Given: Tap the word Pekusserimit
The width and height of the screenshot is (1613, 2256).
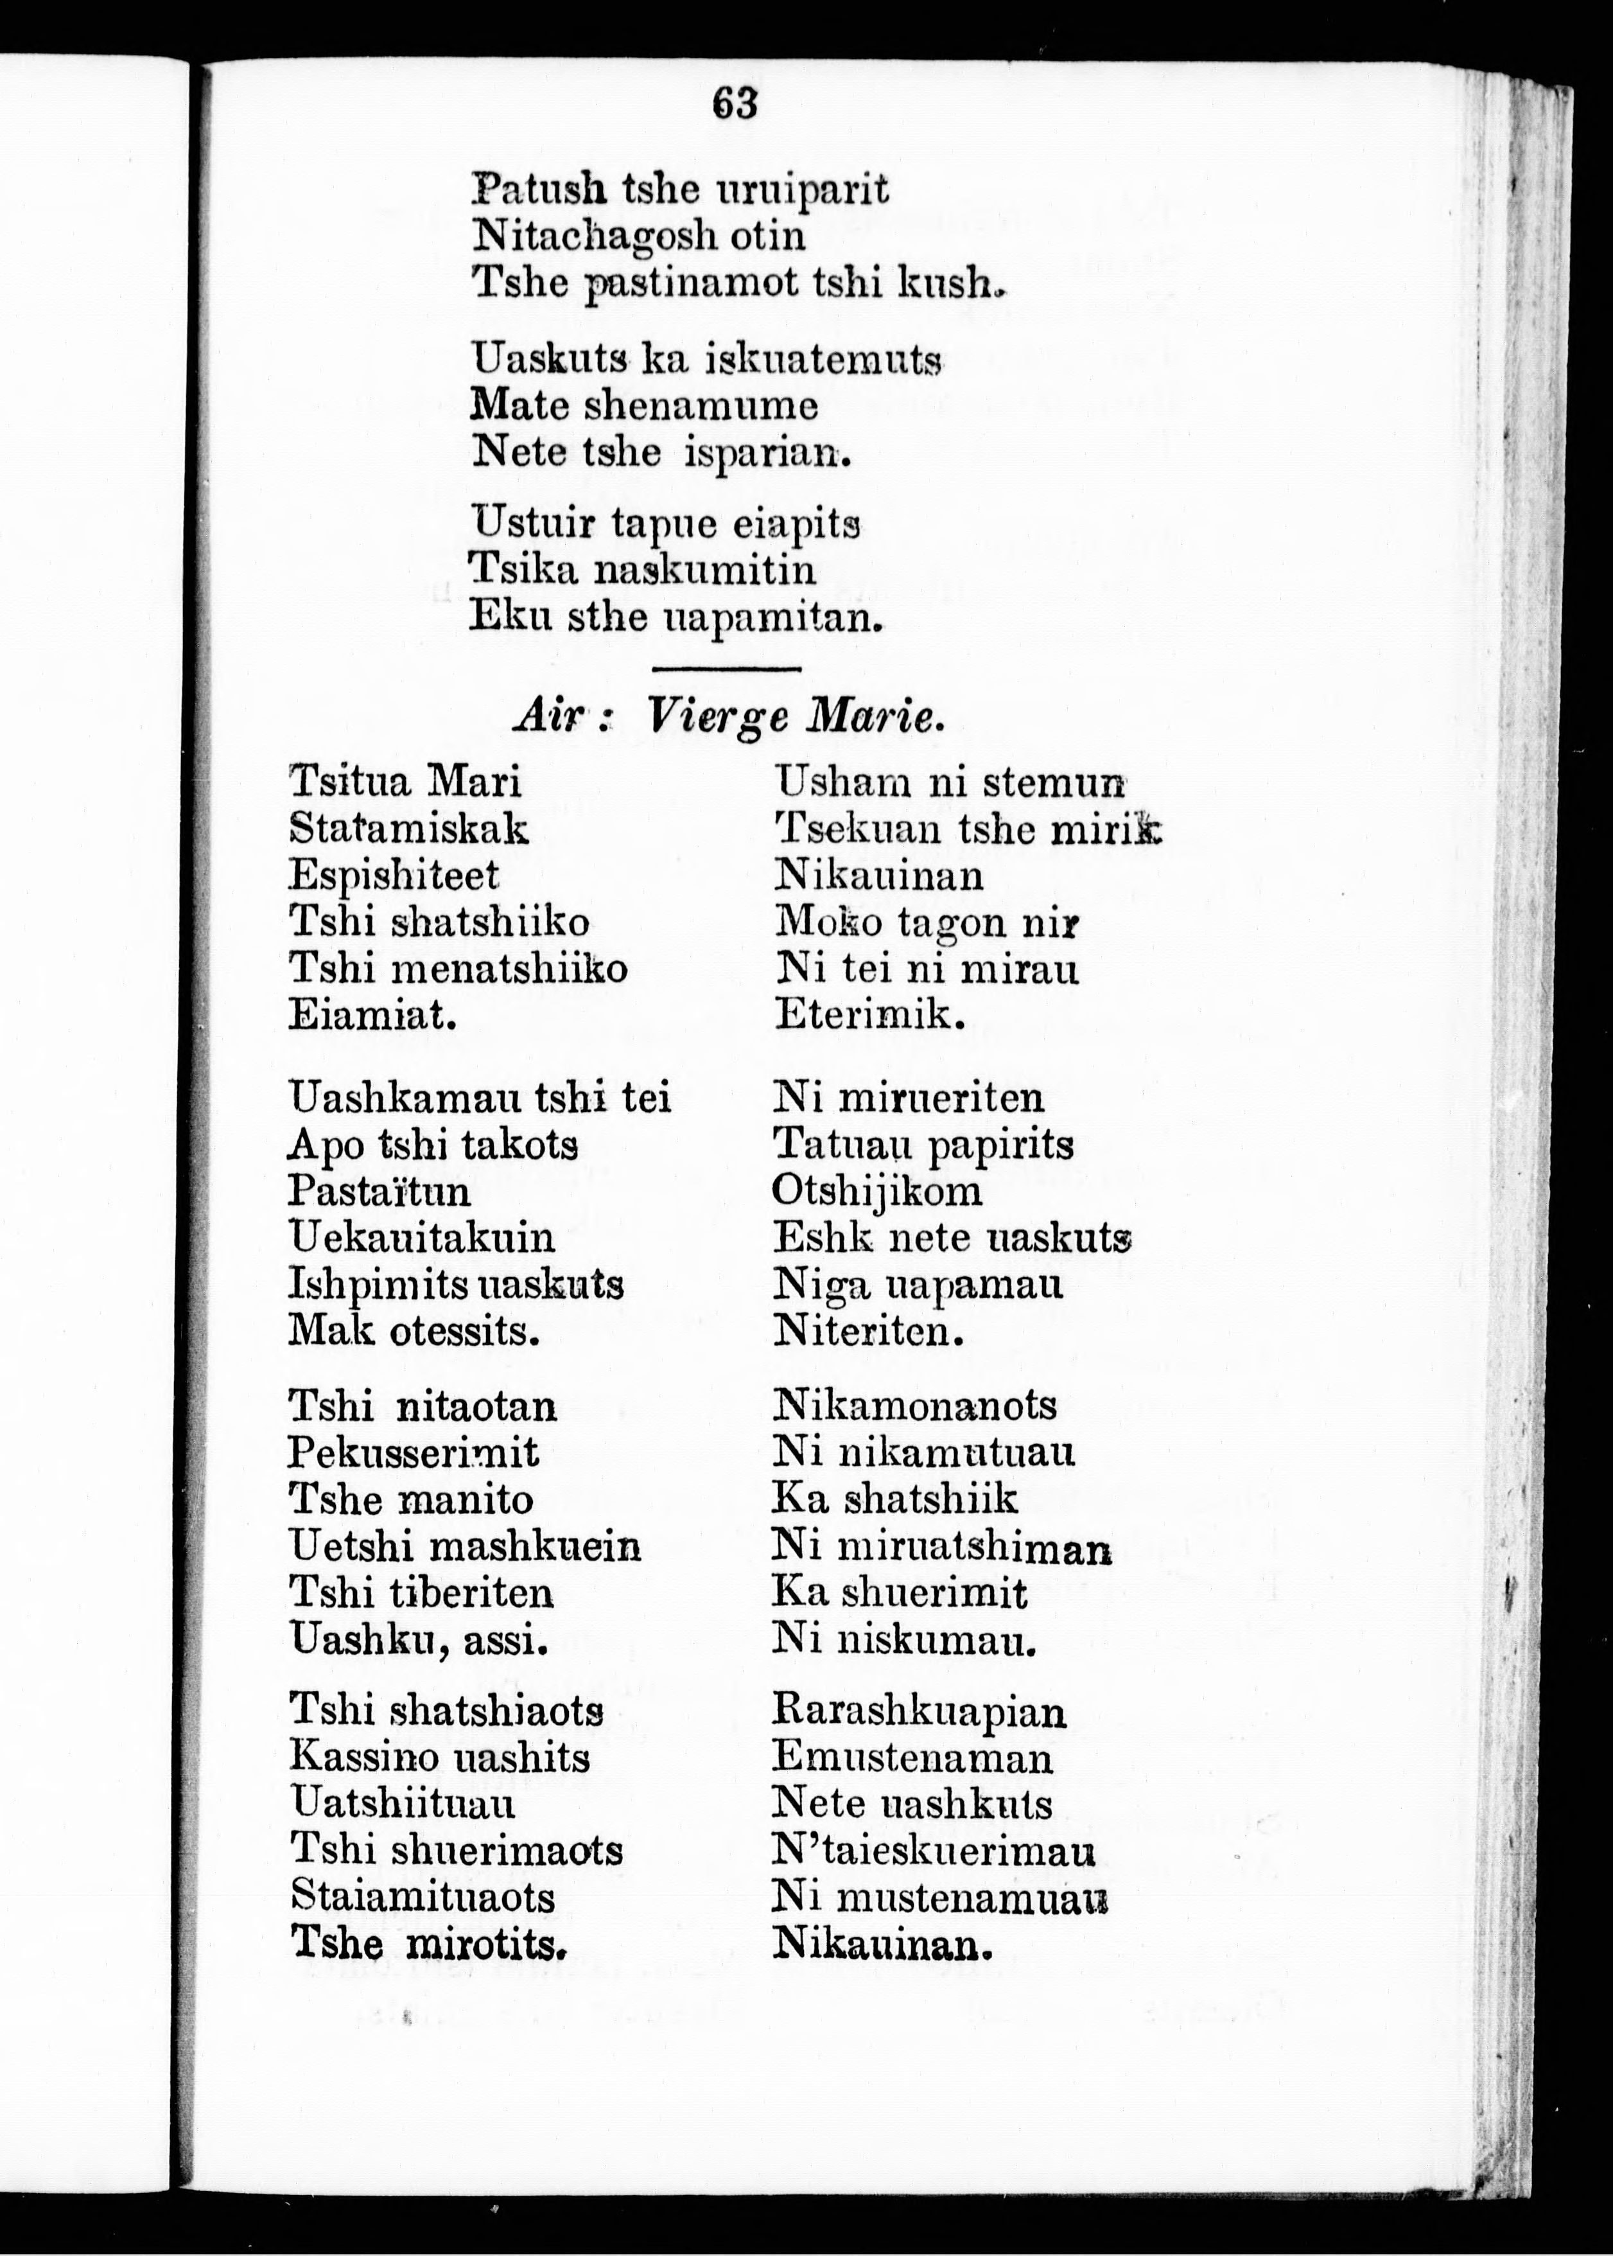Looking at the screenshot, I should coord(413,1453).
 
